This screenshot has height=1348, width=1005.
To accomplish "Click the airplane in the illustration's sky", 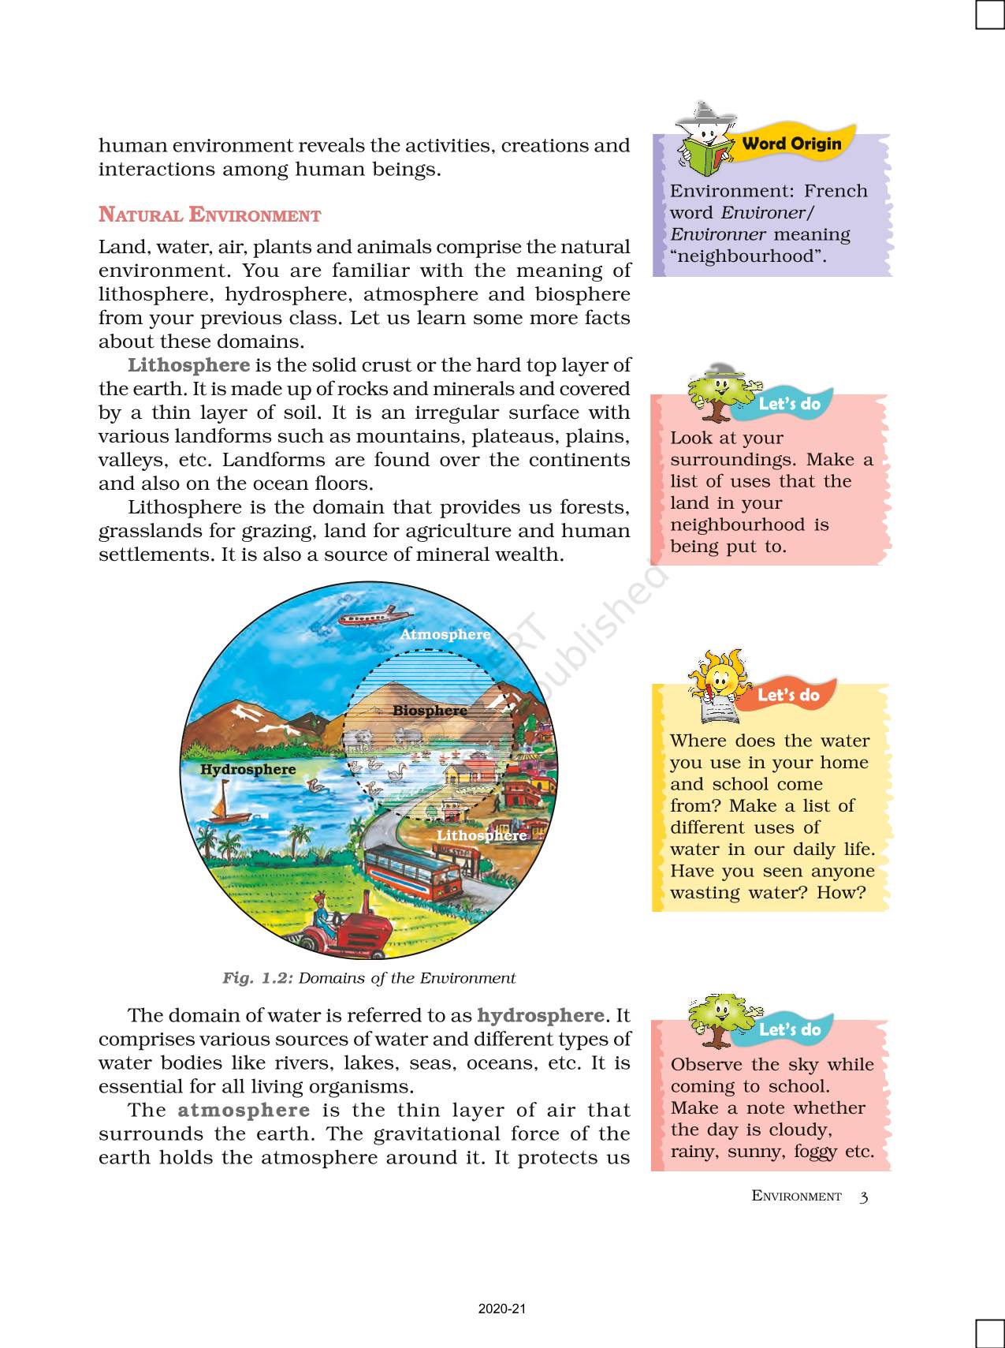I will pos(374,615).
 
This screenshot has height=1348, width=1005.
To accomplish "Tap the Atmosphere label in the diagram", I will pos(445,634).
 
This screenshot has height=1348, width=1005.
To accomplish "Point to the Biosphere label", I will pos(430,711).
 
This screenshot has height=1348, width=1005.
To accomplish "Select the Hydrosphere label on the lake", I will pos(248,770).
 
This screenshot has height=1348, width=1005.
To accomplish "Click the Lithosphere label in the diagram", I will pos(482,835).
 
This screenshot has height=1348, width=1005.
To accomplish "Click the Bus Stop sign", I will pos(452,853).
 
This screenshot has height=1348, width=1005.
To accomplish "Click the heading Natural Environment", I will pos(210,215).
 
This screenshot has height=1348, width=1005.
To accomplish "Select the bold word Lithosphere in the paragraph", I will pos(189,365).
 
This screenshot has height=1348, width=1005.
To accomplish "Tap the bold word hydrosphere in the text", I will pos(541,1015).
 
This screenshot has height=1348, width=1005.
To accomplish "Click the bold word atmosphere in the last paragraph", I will pos(244,1110).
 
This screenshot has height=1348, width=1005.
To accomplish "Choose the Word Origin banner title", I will pos(791,144).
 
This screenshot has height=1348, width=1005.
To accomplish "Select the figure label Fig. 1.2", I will pos(258,978).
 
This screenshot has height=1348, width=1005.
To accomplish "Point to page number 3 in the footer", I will pos(864,1197).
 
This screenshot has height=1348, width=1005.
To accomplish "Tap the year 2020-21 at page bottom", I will pos(502,1309).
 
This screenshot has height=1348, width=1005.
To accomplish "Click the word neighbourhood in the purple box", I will pos(745,256).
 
